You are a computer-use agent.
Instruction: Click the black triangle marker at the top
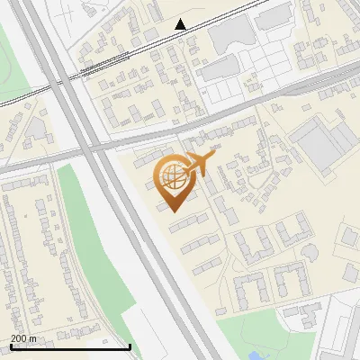181,24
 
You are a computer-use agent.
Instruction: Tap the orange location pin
175,184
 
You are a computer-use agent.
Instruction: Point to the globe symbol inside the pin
174,176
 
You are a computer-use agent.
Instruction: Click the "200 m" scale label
23,338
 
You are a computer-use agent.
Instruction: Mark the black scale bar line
69,346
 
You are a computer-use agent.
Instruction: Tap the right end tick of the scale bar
130,346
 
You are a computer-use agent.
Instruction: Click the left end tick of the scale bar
9,346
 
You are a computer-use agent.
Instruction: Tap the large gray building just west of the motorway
36,131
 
